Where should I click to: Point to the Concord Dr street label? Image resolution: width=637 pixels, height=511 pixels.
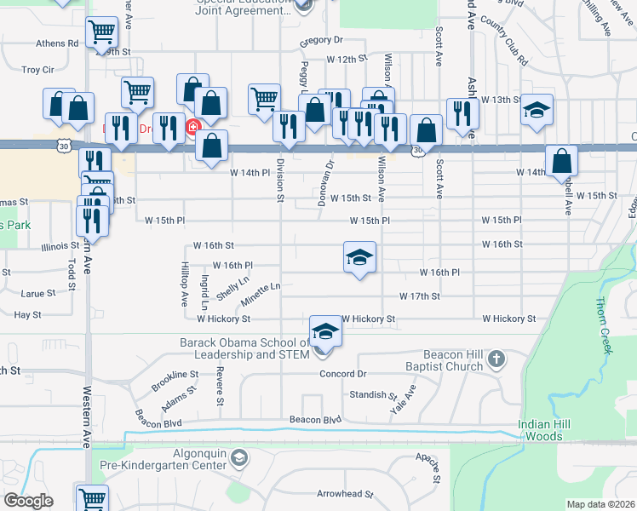342,374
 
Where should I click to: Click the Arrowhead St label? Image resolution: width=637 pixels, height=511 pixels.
345,494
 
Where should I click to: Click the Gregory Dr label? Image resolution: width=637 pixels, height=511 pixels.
321,40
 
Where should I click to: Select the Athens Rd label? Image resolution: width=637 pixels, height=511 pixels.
57,43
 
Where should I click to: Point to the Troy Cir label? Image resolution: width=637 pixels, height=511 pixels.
37,70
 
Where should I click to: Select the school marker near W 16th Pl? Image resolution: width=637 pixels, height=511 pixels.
359,256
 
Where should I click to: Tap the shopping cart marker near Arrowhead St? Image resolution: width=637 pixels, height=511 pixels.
92,498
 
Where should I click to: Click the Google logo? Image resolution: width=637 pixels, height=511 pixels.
28,501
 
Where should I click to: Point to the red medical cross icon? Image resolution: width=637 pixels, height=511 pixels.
193,128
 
